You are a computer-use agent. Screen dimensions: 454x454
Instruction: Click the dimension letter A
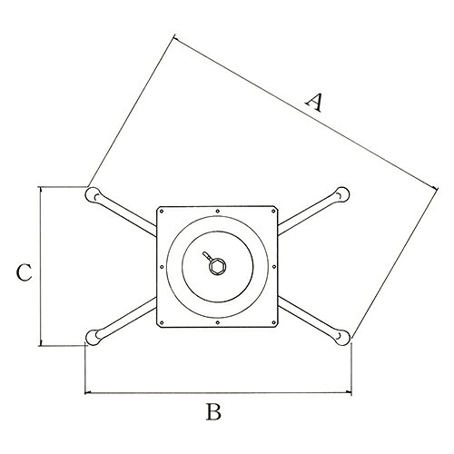pyautogui.click(x=313, y=103)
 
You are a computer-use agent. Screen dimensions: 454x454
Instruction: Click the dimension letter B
pyautogui.click(x=213, y=411)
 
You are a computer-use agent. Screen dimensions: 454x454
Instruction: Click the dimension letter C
pyautogui.click(x=24, y=272)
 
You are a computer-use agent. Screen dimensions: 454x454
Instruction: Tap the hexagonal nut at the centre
pyautogui.click(x=218, y=266)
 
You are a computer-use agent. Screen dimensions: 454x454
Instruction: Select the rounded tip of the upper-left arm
pyautogui.click(x=93, y=194)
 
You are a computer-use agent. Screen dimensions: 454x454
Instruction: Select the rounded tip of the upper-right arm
pyautogui.click(x=342, y=194)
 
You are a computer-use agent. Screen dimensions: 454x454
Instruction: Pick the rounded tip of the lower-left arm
pyautogui.click(x=94, y=337)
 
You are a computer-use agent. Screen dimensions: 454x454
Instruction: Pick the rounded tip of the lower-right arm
pyautogui.click(x=342, y=337)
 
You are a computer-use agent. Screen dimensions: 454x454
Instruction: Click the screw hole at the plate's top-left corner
pyautogui.click(x=162, y=211)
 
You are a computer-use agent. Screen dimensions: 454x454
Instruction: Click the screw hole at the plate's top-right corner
pyautogui.click(x=273, y=211)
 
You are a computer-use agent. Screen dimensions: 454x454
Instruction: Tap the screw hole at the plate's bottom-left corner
pyautogui.click(x=162, y=322)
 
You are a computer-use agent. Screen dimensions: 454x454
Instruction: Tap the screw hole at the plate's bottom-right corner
pyautogui.click(x=273, y=322)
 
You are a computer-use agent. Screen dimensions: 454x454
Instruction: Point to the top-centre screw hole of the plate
pyautogui.click(x=218, y=211)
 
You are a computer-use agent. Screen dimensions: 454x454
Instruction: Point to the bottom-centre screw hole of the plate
pyautogui.click(x=218, y=322)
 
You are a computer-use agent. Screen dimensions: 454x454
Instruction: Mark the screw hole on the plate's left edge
pyautogui.click(x=162, y=267)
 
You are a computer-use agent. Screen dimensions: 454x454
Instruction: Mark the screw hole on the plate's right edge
pyautogui.click(x=274, y=267)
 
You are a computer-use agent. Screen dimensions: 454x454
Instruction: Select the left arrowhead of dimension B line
pyautogui.click(x=88, y=393)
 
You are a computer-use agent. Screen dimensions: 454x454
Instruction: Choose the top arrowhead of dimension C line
pyautogui.click(x=41, y=190)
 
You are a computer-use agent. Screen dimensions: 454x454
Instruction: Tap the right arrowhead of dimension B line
pyautogui.click(x=348, y=393)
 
